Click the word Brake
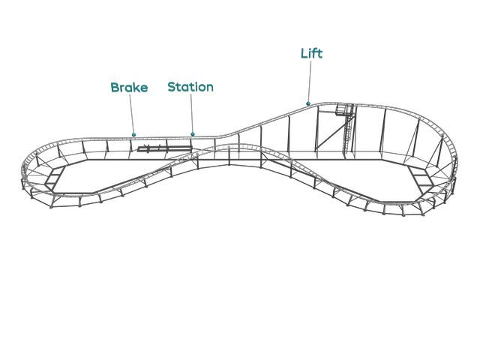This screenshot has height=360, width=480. [129, 88]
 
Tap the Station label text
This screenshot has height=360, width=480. [190, 87]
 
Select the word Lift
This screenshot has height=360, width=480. [311, 53]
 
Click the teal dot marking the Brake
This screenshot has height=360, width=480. [134, 135]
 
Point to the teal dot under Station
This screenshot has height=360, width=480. [193, 134]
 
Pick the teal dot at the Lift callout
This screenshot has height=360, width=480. [308, 103]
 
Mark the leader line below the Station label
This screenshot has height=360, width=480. [191, 114]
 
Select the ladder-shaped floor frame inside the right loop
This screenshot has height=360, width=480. [420, 178]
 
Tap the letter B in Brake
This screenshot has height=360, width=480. [115, 88]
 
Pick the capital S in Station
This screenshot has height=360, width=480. [172, 87]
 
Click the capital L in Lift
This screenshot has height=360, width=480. [304, 53]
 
